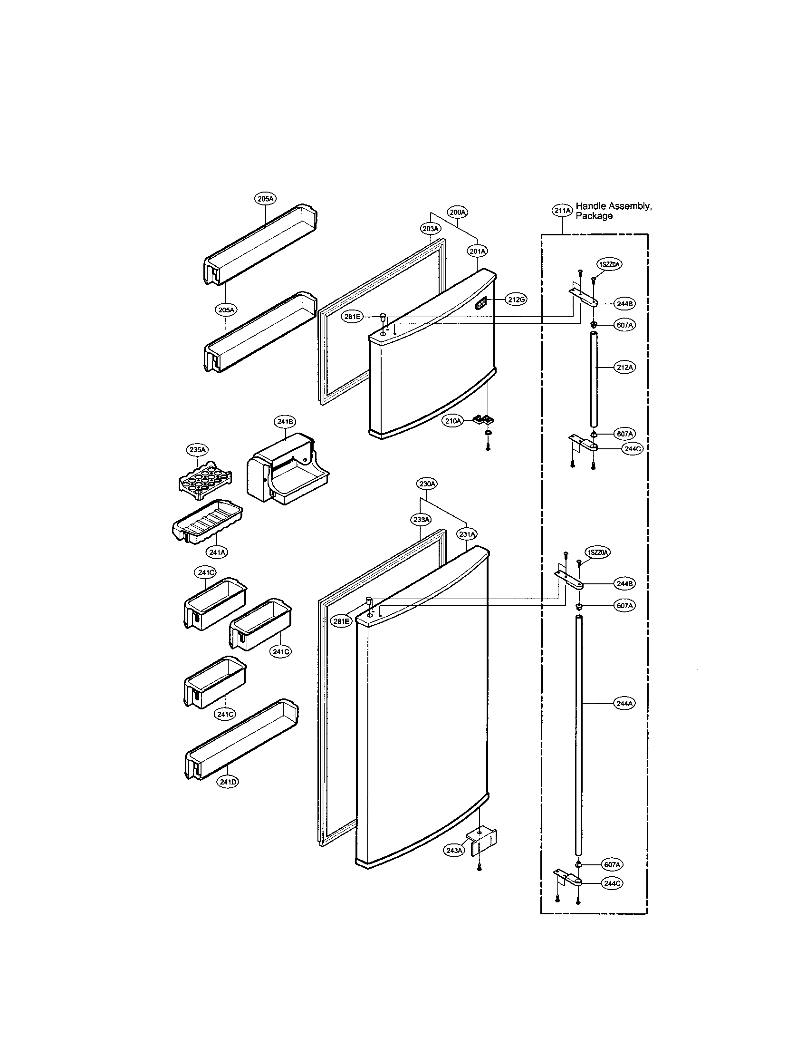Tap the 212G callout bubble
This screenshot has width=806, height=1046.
pyautogui.click(x=517, y=300)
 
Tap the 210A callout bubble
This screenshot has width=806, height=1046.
pyautogui.click(x=453, y=421)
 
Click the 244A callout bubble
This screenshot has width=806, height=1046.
pyautogui.click(x=624, y=704)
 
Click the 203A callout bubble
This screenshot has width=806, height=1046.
pyautogui.click(x=430, y=229)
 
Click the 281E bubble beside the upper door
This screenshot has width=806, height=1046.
pyautogui.click(x=353, y=316)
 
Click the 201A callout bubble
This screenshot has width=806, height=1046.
pyautogui.click(x=478, y=251)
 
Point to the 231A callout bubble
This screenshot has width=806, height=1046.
pyautogui.click(x=467, y=534)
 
